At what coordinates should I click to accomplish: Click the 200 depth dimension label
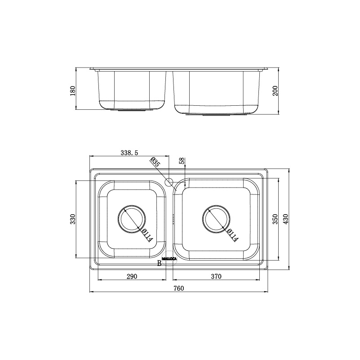pos(276,91)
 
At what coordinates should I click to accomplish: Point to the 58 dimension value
pos(182,161)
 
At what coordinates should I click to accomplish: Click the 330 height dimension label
pos(72,219)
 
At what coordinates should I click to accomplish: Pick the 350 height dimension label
pos(275,219)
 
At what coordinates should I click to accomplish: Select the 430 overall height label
pos(285,219)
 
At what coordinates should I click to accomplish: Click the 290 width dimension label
pos(131,276)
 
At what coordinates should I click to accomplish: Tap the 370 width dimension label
pos(216,276)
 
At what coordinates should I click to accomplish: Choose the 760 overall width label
pos(179,288)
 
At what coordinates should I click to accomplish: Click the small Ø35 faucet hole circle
pos(169,182)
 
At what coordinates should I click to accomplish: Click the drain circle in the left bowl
pos(131,219)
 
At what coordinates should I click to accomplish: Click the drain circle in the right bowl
pos(217,219)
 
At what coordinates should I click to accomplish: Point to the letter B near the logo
pos(159,264)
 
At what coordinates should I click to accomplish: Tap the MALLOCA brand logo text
pos(169,258)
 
